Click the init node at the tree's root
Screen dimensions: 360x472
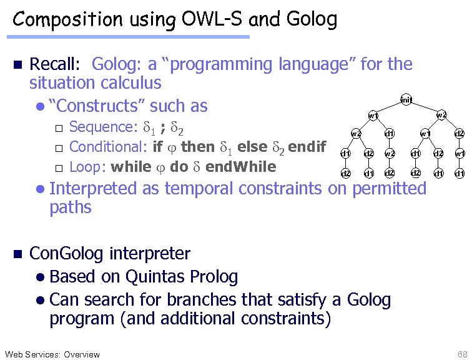[x=406, y=100]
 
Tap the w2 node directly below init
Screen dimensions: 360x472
[x=441, y=115]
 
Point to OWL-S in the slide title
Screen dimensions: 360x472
[x=212, y=20]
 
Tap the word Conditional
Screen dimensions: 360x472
[x=108, y=147]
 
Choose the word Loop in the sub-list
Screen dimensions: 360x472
[x=85, y=167]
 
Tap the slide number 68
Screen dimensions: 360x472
[x=462, y=354]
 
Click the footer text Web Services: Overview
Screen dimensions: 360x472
[x=52, y=354]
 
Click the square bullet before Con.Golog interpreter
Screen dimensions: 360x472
[x=17, y=254]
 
